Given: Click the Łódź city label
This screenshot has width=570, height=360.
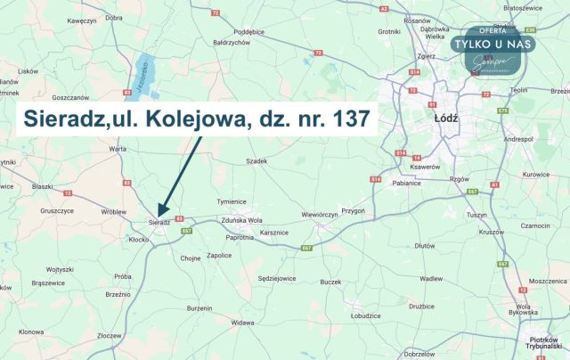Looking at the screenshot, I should tap(446, 129).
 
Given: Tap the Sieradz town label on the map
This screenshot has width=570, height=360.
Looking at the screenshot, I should tap(159, 222).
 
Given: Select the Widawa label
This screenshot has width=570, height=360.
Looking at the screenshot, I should tap(242, 322).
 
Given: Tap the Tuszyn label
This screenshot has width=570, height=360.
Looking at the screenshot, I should tap(478, 215).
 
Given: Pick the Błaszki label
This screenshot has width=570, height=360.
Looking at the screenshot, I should tap(42, 186).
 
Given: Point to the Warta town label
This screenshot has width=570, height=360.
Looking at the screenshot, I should tap(118, 149).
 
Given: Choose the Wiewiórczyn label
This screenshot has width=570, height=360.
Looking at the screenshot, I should tap(320, 215).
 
